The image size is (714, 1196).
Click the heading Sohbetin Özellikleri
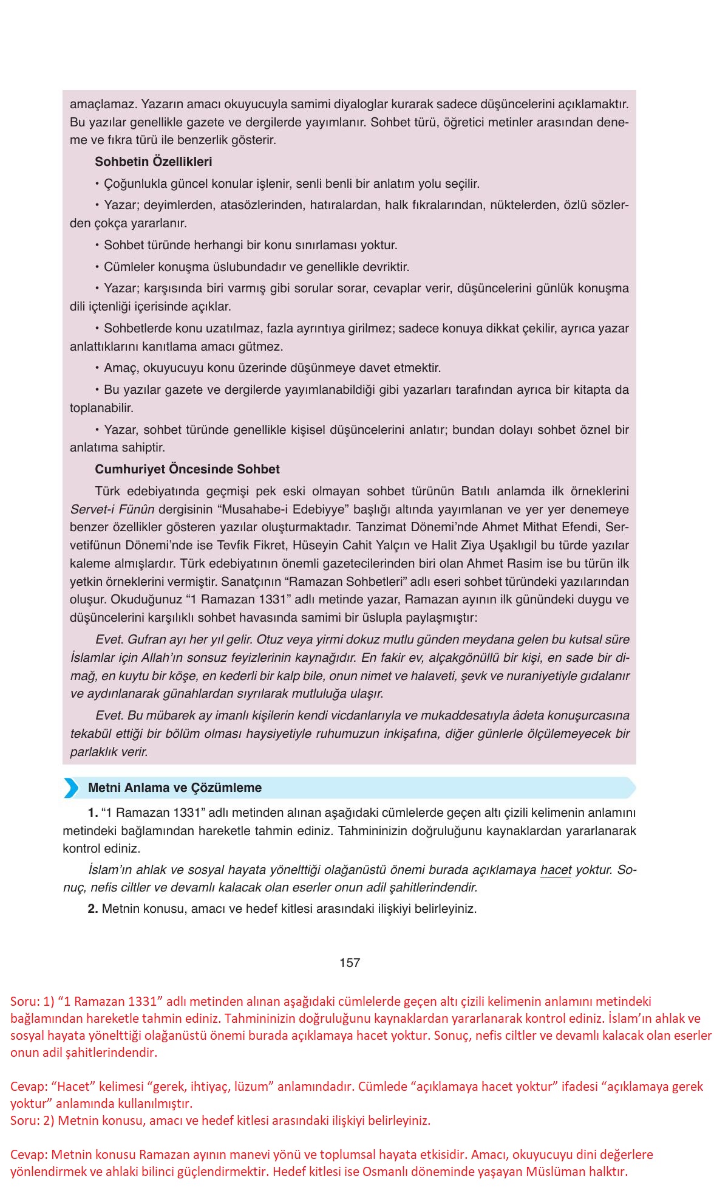point(153,162)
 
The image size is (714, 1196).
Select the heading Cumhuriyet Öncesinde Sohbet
point(187,469)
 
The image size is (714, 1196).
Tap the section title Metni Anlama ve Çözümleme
point(175,788)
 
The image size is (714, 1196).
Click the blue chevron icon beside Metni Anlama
point(72,788)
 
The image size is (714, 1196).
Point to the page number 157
point(350,963)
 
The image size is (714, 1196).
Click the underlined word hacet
point(556,870)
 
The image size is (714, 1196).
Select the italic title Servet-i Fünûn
point(112,509)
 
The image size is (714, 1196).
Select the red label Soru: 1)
point(33,1001)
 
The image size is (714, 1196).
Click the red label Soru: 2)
point(33,1121)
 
